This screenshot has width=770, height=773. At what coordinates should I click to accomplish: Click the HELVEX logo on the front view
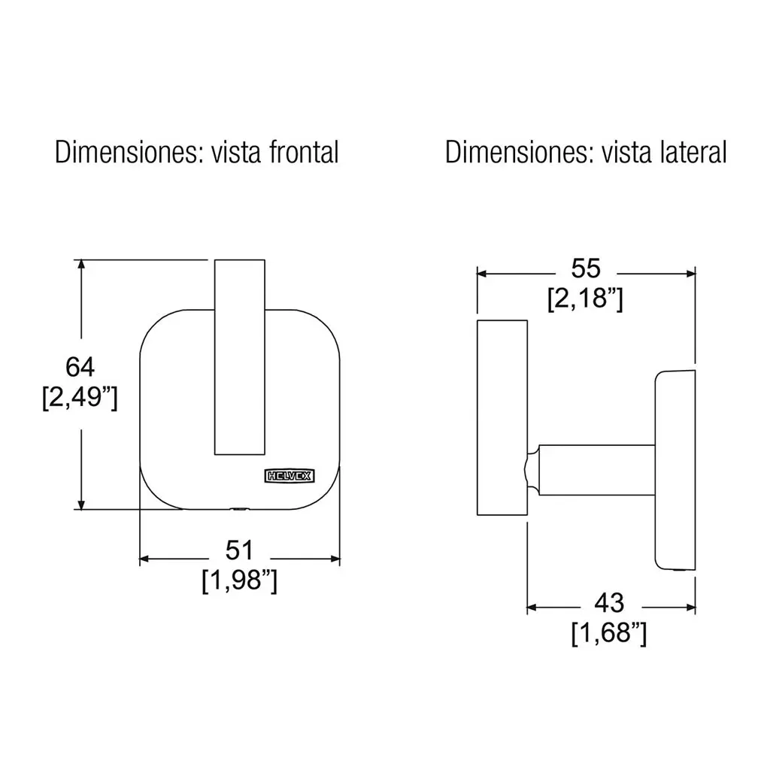(290, 476)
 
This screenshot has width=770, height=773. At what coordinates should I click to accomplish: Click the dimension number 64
(80, 367)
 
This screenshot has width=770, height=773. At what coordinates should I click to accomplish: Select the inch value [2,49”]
(80, 397)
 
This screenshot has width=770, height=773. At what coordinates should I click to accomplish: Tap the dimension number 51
(239, 550)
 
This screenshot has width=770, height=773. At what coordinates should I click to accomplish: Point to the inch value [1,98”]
(240, 581)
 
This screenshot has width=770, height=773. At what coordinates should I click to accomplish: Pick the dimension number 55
(586, 268)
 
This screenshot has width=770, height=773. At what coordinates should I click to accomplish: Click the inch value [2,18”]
(585, 299)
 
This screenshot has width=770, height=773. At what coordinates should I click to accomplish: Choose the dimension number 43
(609, 603)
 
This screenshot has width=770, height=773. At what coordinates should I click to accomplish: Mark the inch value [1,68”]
(609, 633)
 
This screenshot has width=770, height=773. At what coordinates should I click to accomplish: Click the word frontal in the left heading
(304, 153)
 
